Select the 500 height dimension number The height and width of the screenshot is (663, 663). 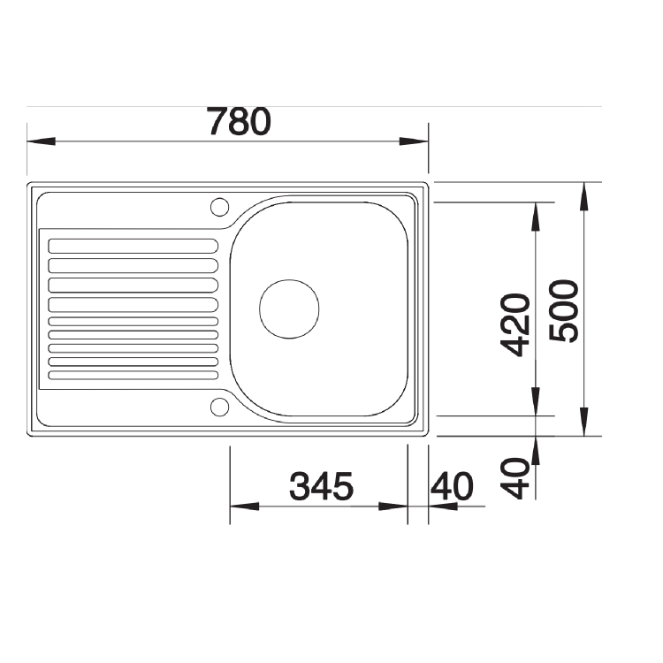(x=563, y=310)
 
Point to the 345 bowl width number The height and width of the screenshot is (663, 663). (x=322, y=485)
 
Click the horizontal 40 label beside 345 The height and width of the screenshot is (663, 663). (x=452, y=485)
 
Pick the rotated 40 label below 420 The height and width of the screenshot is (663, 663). (x=515, y=478)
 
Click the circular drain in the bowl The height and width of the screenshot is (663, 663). (x=288, y=309)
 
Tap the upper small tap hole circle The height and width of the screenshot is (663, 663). (x=217, y=207)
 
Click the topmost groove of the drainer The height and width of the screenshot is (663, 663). (x=133, y=246)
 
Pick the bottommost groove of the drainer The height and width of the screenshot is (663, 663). (x=133, y=375)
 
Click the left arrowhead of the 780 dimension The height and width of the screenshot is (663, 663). (x=41, y=141)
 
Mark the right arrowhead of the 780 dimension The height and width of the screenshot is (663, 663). (x=414, y=141)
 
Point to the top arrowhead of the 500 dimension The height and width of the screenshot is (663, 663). (x=583, y=196)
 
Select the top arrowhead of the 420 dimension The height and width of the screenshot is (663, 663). (x=536, y=216)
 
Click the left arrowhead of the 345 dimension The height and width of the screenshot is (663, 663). (x=244, y=507)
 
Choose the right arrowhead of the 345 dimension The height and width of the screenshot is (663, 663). (x=393, y=507)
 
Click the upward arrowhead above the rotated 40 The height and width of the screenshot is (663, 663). (x=536, y=450)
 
